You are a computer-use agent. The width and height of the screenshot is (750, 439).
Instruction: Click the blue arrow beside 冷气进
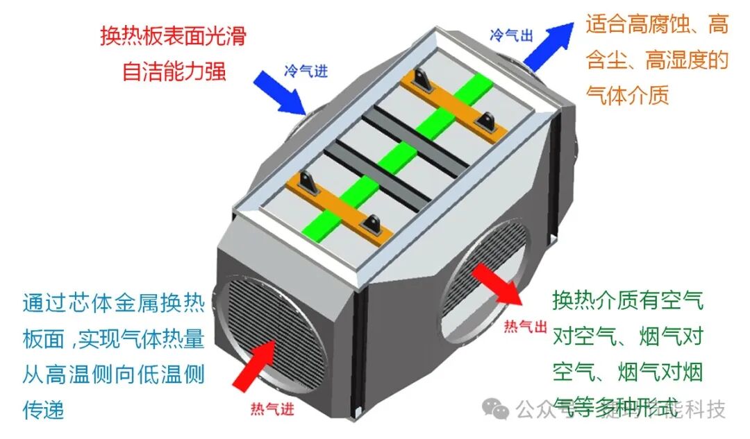point(279,89)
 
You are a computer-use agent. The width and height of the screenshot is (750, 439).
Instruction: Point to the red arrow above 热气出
point(497,284)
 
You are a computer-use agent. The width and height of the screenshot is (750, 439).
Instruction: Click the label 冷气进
point(305,70)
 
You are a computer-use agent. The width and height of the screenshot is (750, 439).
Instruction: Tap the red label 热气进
point(272,409)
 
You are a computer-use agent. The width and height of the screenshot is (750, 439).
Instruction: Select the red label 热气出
point(526,325)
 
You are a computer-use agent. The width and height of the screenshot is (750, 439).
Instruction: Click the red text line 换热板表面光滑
point(174,36)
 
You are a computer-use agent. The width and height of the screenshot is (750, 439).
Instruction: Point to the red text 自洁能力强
point(174,71)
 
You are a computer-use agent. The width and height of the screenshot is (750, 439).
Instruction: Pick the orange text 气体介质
point(628,95)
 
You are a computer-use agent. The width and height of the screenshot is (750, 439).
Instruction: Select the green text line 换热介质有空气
point(628,300)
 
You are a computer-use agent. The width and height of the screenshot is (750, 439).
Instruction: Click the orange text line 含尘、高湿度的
point(657,60)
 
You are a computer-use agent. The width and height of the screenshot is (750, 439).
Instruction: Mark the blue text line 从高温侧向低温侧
point(113,375)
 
